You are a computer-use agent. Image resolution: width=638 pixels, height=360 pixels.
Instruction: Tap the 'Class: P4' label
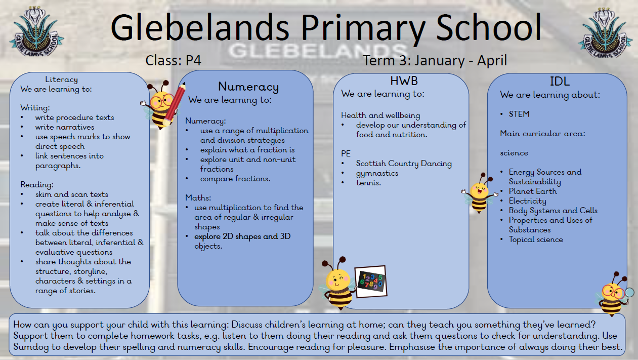pyautogui.click(x=174, y=61)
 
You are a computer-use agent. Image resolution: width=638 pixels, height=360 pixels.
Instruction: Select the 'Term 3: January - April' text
pyautogui.click(x=435, y=61)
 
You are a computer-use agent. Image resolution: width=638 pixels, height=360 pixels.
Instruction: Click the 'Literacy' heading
pyautogui.click(x=61, y=79)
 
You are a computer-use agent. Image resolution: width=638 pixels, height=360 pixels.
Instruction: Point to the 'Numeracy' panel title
pyautogui.click(x=248, y=87)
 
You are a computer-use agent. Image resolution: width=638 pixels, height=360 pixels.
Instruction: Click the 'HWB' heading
pyautogui.click(x=404, y=81)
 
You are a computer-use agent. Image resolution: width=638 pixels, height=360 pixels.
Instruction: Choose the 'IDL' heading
pyautogui.click(x=561, y=81)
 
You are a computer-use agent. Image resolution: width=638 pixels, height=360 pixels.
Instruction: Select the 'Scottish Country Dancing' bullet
pyautogui.click(x=404, y=164)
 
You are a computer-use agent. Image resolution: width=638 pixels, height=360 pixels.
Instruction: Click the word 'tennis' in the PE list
pyautogui.click(x=368, y=183)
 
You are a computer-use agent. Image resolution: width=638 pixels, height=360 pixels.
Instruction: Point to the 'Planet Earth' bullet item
pyautogui.click(x=532, y=191)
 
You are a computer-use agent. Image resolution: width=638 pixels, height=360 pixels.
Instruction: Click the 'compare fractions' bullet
pyautogui.click(x=235, y=179)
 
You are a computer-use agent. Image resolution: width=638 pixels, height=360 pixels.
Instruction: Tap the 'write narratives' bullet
pyautogui.click(x=65, y=127)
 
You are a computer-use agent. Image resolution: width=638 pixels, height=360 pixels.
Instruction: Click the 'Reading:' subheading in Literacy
pyautogui.click(x=37, y=185)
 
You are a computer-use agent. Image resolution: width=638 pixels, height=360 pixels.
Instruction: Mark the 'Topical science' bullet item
pyautogui.click(x=535, y=239)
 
